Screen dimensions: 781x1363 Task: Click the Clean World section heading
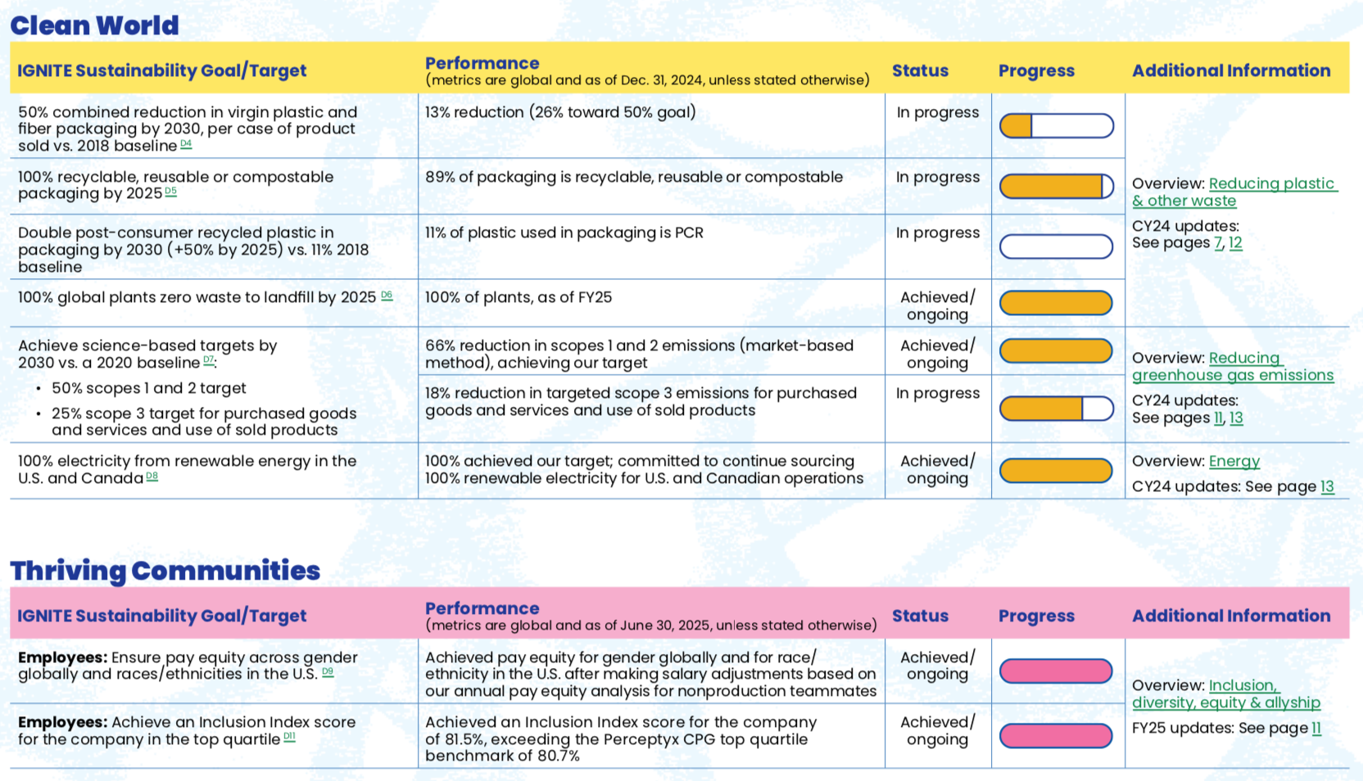[94, 25]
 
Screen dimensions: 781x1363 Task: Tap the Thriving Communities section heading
[165, 571]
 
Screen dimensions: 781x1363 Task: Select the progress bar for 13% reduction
[1056, 126]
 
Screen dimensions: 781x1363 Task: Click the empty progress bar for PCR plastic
[1056, 246]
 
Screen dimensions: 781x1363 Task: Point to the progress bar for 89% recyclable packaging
[1056, 187]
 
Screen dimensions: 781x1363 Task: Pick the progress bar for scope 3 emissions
[1056, 409]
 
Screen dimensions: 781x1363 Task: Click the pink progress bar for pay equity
[1056, 671]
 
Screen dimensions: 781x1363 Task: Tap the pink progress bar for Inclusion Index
[1056, 736]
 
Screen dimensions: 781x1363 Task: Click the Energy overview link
[1234, 461]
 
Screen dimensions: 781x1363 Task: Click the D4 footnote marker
[186, 144]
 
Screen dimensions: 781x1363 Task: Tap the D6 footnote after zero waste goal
[387, 296]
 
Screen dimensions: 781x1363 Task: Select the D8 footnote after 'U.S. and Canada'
[152, 476]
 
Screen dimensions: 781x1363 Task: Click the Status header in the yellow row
[920, 70]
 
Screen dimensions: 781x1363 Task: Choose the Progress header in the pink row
[1036, 616]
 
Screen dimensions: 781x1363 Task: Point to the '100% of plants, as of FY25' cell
[518, 297]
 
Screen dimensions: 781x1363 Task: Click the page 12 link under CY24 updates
[1235, 243]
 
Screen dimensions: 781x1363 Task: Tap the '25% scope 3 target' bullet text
[204, 422]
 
